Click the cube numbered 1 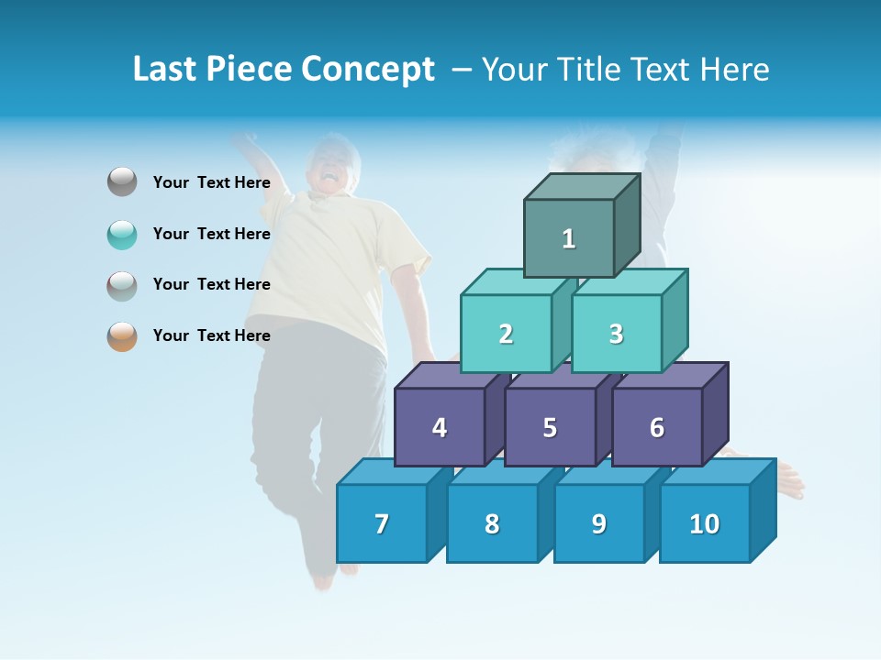click(x=569, y=238)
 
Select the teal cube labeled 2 click(x=506, y=334)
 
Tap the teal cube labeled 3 click(x=616, y=334)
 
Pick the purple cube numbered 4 click(x=440, y=427)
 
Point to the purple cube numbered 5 click(x=550, y=427)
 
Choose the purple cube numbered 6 click(x=657, y=427)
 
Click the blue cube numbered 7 click(x=382, y=523)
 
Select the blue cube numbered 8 click(x=492, y=523)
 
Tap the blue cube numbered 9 click(x=598, y=523)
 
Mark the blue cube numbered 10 click(x=704, y=523)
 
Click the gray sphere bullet click(x=122, y=182)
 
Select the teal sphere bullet click(x=122, y=234)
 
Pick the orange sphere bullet click(x=122, y=335)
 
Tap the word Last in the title click(x=166, y=70)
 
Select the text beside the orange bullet click(x=212, y=335)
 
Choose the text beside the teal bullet click(x=212, y=234)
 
